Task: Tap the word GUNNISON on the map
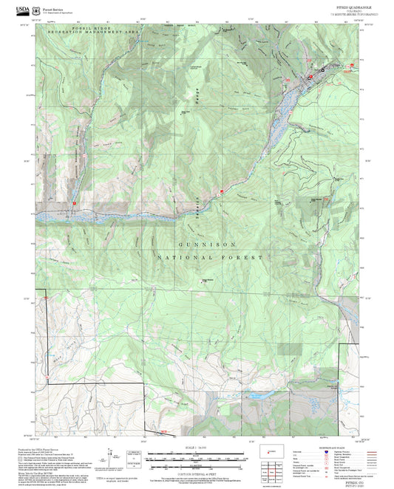pyautogui.click(x=206, y=243)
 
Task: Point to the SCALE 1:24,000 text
pyautogui.click(x=197, y=446)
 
